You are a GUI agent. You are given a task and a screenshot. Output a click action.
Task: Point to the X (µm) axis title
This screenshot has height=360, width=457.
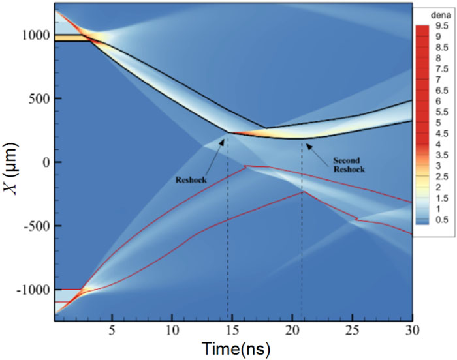pos(11,162)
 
